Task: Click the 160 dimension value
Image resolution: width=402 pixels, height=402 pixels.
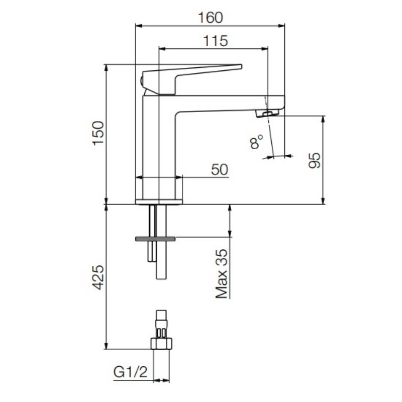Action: [211, 18]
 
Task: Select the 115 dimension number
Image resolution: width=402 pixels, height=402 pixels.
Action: [216, 41]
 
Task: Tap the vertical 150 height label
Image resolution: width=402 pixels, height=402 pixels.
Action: [98, 133]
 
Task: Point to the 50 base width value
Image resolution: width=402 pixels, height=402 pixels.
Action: [220, 169]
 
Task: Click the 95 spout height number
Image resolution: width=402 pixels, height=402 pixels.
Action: [315, 160]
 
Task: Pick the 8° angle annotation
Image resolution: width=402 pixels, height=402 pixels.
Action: [256, 142]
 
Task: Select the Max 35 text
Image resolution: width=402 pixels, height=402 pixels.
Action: [222, 274]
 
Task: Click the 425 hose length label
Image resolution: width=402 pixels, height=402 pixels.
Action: [98, 278]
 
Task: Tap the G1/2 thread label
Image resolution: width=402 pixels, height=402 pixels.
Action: [131, 372]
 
